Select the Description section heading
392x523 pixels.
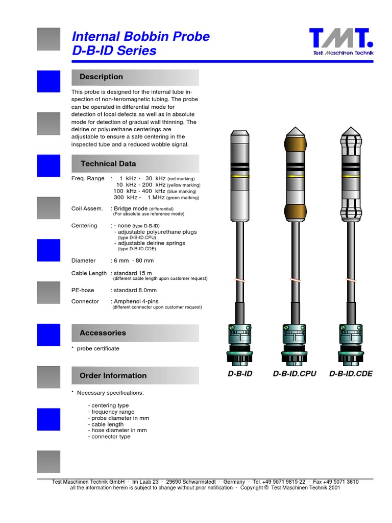tap(101, 77)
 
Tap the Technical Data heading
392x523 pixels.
tap(108, 164)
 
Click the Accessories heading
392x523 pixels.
tap(103, 333)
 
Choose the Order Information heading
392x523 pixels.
tap(113, 376)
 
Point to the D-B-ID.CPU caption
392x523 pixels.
tap(295, 374)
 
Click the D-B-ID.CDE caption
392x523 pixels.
tap(351, 374)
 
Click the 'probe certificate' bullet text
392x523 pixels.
tap(98, 349)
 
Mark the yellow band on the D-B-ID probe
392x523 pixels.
tap(240, 176)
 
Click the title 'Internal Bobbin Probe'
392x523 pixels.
tap(141, 37)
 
